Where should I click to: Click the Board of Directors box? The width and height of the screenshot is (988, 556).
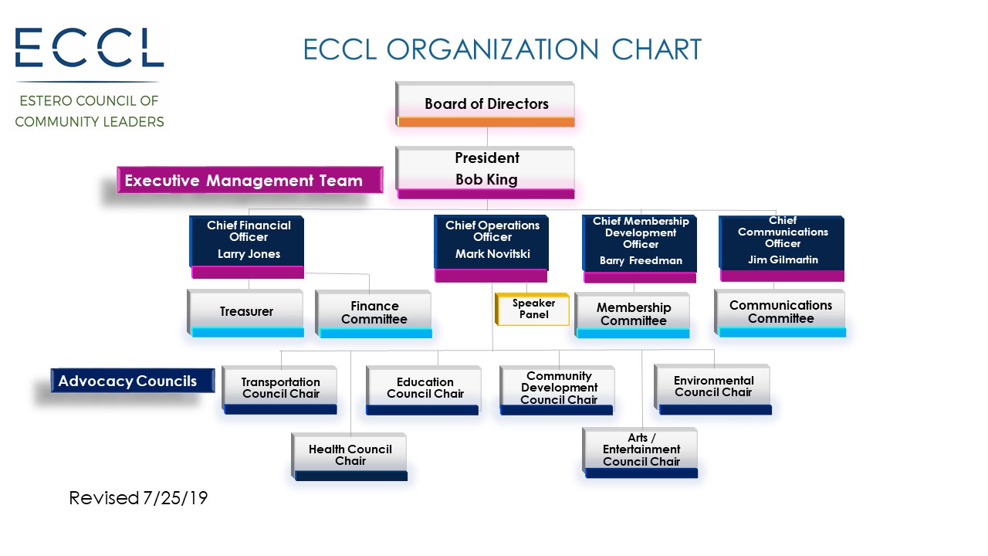coord(486,104)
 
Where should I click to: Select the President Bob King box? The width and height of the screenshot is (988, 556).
coord(486,172)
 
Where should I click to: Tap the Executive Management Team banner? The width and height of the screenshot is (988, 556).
coord(250,180)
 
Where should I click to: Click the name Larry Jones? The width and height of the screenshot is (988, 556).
coord(249,254)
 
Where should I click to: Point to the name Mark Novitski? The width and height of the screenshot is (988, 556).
coord(492,254)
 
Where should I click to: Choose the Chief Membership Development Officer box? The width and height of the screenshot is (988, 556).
coord(640,249)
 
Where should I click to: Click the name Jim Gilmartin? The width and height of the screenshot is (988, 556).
coord(783,259)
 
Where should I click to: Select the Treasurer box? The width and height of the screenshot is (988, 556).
coord(245,314)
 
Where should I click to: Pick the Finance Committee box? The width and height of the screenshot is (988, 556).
coord(374,314)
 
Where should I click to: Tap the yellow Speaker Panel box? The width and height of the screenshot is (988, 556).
coord(533,310)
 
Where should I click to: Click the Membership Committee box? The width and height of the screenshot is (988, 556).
coord(632,315)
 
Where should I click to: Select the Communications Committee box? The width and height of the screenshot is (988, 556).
coord(780,314)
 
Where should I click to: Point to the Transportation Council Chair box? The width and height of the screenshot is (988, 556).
coord(280,390)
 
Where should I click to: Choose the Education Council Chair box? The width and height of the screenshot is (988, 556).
coord(424,391)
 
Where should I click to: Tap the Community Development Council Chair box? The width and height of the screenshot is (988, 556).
coord(557,391)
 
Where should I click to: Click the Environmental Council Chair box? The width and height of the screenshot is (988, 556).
coord(713,390)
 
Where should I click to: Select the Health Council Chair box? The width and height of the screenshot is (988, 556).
coord(350,456)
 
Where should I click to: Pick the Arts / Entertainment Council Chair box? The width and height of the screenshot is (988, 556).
coord(641,453)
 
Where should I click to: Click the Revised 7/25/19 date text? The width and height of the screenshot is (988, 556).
coord(138,498)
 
